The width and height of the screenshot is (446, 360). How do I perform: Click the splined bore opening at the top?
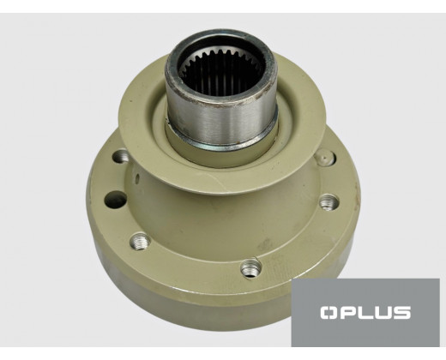point(221,71)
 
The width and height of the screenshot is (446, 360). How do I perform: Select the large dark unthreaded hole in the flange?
point(116,200)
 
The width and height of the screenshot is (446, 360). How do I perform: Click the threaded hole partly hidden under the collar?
point(121,156)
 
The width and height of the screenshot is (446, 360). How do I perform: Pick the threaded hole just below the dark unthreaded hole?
point(140,241)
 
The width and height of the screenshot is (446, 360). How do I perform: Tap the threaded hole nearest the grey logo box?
point(251,267)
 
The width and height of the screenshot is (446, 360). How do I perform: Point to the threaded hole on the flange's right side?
point(328,202)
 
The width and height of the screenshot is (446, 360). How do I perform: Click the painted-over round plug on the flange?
point(325,159)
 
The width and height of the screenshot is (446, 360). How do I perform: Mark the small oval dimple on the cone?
point(137,179)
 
